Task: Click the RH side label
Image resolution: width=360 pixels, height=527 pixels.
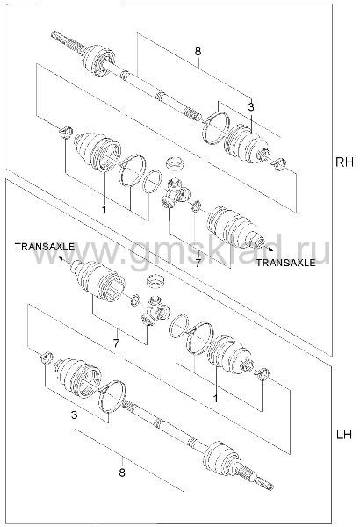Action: pyautogui.click(x=344, y=162)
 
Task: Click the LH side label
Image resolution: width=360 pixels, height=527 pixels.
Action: pyautogui.click(x=344, y=435)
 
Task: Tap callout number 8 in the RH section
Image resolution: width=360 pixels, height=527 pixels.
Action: pyautogui.click(x=198, y=52)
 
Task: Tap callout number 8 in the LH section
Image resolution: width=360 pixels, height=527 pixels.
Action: pyautogui.click(x=122, y=473)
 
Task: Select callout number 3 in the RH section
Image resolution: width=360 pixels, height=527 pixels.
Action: pyautogui.click(x=251, y=107)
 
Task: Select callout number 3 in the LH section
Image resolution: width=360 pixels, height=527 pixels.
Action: pyautogui.click(x=75, y=415)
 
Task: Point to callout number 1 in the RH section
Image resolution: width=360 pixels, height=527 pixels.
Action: pyautogui.click(x=104, y=209)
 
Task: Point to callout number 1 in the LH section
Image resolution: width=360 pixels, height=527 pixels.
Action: pyautogui.click(x=215, y=398)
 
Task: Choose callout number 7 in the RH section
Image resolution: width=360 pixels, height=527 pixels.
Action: pyautogui.click(x=198, y=263)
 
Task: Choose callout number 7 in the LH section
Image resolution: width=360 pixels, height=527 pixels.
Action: pyautogui.click(x=116, y=343)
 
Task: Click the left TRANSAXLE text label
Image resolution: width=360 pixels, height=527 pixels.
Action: pyautogui.click(x=45, y=247)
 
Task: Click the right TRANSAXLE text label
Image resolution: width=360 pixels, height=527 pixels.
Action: pyautogui.click(x=286, y=263)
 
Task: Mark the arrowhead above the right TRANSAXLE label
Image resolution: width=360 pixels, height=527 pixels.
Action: pyautogui.click(x=270, y=249)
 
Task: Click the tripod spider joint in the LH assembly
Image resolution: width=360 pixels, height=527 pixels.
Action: pyautogui.click(x=156, y=311)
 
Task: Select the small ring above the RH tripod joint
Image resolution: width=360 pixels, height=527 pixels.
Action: pyautogui.click(x=175, y=162)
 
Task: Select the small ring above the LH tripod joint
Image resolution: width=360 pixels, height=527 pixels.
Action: pyautogui.click(x=155, y=281)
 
